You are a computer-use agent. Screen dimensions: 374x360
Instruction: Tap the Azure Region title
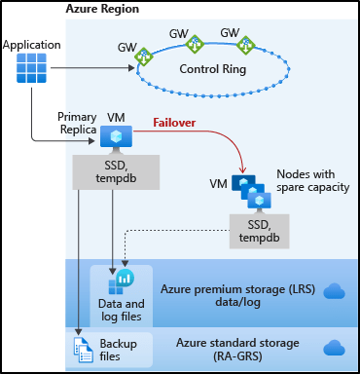[x=102, y=9]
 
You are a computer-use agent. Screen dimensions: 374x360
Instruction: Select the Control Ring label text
[x=213, y=70]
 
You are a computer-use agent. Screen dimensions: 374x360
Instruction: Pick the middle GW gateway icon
[x=195, y=44]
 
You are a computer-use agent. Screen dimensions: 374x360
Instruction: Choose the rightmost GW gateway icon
[x=245, y=45]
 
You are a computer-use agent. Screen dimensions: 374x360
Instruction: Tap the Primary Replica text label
[x=77, y=124]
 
